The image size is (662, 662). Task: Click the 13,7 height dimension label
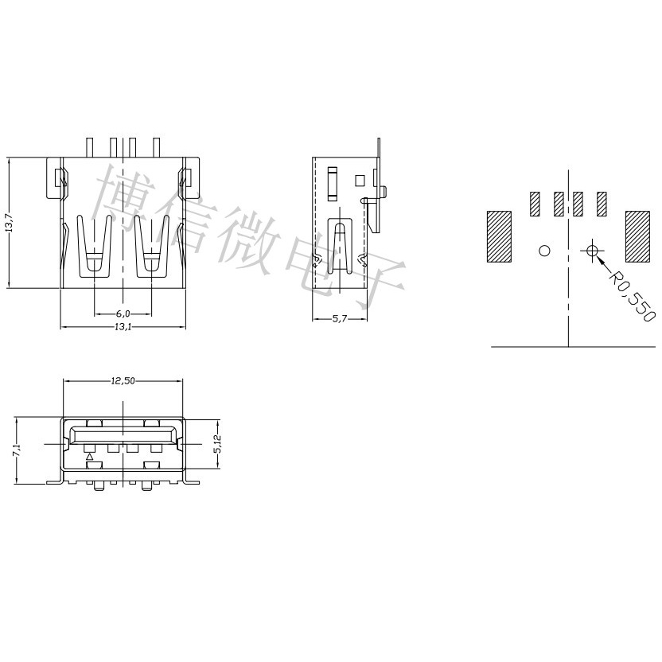(10, 223)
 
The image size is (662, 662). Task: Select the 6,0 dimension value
(123, 313)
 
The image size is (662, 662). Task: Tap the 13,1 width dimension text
(123, 326)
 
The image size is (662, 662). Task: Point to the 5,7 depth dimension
(340, 319)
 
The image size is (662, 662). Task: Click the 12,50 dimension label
(123, 381)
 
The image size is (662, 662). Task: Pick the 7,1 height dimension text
(18, 450)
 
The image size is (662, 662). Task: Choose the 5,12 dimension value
(217, 444)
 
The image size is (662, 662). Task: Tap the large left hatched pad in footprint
(499, 236)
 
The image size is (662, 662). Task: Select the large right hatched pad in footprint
(637, 236)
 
